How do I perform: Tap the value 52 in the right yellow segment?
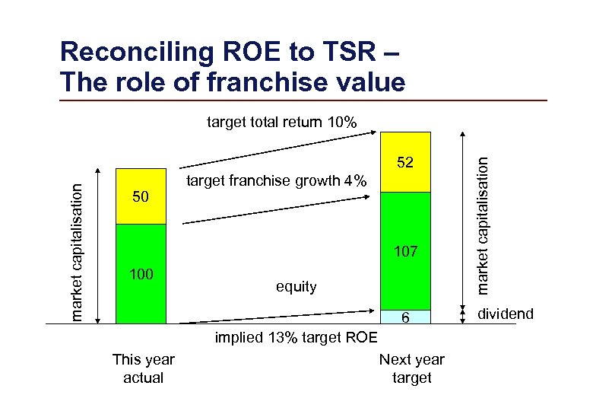click(x=405, y=162)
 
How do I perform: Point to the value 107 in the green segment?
click(x=405, y=252)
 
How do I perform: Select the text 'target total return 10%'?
click(x=286, y=121)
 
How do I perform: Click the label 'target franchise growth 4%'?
click(x=277, y=181)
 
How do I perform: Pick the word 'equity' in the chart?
click(x=296, y=286)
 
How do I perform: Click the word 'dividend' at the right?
click(x=506, y=314)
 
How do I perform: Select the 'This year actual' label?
click(x=143, y=368)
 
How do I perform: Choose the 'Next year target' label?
click(x=411, y=368)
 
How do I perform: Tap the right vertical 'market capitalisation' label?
click(x=483, y=221)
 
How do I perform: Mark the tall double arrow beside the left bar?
click(x=100, y=244)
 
